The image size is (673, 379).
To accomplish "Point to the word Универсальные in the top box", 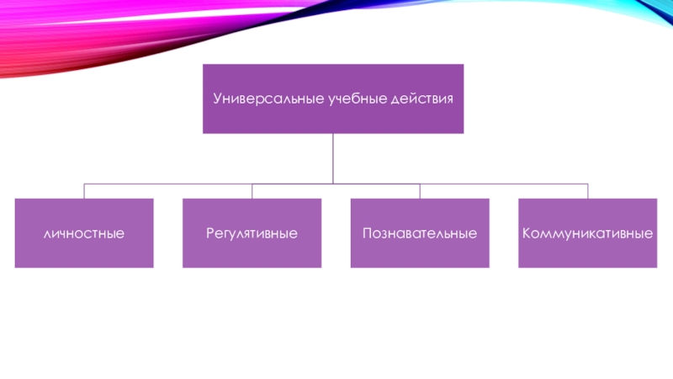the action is coord(257,99).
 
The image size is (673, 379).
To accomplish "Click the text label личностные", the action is coord(84,232).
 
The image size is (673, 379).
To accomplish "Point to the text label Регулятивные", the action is coord(252,232).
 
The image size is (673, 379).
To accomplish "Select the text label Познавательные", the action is coord(420,232).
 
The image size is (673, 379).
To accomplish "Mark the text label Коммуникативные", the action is coord(587,232).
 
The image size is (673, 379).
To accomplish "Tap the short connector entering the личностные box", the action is coord(84,190).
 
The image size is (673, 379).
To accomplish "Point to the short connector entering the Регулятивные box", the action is coord(252,190).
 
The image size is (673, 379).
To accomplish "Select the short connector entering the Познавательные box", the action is coord(420,190).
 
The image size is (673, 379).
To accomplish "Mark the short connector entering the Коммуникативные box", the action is coord(587,190).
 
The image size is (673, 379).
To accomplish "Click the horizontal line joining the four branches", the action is coord(168,183).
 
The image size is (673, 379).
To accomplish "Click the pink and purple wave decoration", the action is coord(126,34).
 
